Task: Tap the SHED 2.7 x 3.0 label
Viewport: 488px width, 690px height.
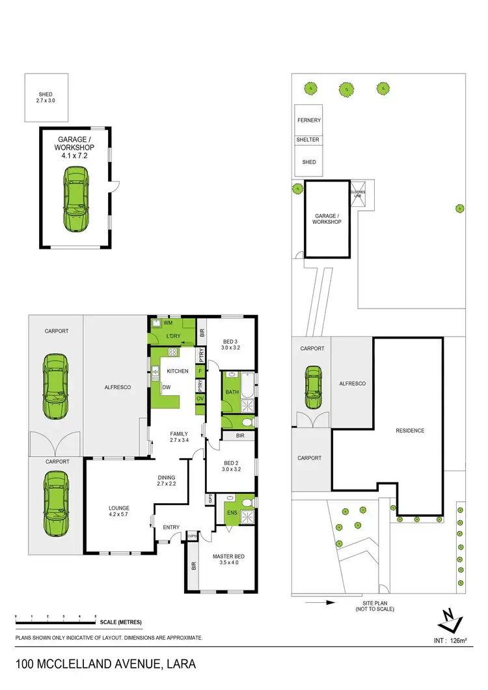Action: pos(46,98)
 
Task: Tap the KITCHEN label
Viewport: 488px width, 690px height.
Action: pos(178,371)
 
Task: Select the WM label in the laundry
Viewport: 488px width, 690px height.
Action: pos(167,323)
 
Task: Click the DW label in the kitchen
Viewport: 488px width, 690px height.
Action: pos(167,387)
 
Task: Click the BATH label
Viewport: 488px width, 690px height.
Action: pos(231,393)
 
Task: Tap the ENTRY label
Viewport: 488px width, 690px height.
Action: pos(171,527)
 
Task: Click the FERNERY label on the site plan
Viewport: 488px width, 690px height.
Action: pos(309,120)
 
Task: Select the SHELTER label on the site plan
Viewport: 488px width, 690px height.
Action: pos(309,140)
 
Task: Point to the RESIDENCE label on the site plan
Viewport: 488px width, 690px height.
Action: pos(411,430)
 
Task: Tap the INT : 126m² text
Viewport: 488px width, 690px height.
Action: pos(451,641)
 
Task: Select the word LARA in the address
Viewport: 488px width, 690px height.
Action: pos(179,665)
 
